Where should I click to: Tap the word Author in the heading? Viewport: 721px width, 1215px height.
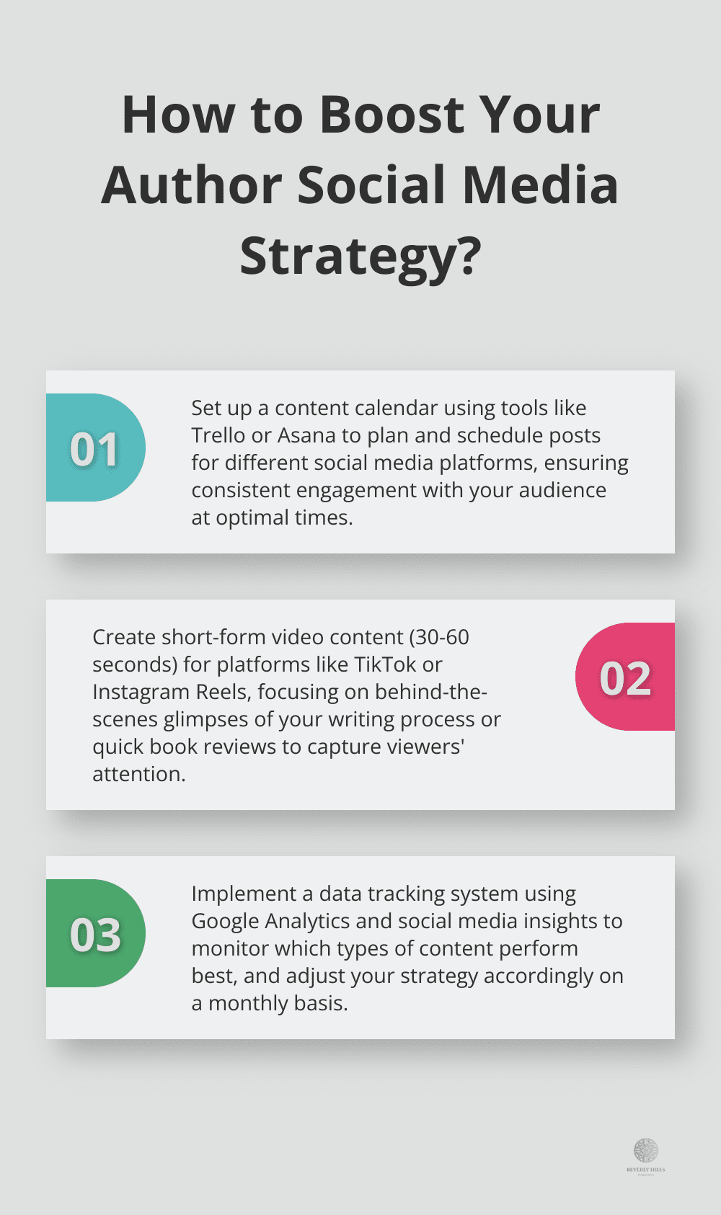[191, 185]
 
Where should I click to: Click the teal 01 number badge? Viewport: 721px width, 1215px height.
[95, 448]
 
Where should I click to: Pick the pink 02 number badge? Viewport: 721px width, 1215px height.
[625, 677]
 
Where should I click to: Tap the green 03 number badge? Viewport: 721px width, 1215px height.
[95, 934]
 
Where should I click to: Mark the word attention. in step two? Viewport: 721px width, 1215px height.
[139, 774]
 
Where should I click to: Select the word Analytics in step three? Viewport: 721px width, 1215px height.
[308, 922]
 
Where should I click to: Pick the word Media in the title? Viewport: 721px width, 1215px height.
[540, 185]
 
